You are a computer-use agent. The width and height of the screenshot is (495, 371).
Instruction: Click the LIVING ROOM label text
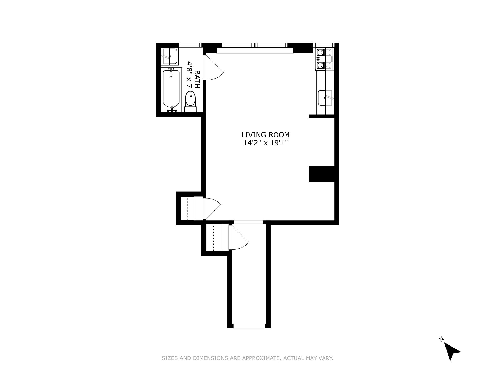[265, 135]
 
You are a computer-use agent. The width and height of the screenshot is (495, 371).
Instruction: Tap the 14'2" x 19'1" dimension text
[265, 143]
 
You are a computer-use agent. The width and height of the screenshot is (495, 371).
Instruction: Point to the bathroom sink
[169, 56]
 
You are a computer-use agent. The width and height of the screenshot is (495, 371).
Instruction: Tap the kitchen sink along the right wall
[325, 98]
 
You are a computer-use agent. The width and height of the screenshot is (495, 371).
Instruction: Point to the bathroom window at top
[190, 45]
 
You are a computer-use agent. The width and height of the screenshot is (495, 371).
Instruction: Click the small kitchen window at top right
[324, 45]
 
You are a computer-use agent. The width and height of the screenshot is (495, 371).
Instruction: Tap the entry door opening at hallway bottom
[249, 328]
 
